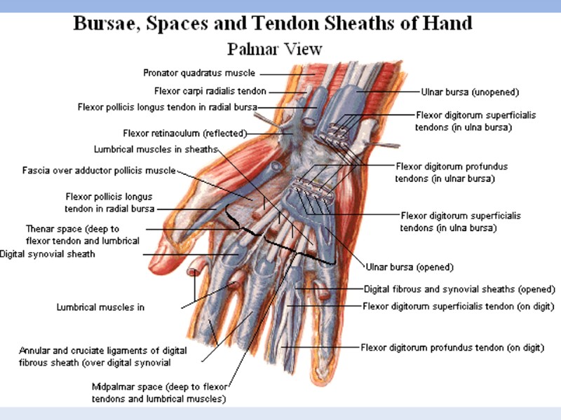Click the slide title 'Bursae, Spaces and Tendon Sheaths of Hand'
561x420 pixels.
tap(273, 23)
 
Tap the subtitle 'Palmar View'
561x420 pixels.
tap(274, 49)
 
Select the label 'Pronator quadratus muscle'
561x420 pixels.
tap(199, 73)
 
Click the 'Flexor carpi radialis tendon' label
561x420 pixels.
tap(210, 91)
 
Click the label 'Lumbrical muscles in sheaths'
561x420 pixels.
tap(156, 149)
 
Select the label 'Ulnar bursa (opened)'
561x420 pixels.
tap(410, 267)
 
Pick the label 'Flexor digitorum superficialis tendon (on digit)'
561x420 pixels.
tap(459, 306)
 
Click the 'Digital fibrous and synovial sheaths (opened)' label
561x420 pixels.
tap(459, 289)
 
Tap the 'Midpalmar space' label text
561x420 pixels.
tap(158, 393)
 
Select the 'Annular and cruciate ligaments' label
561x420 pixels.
tap(103, 356)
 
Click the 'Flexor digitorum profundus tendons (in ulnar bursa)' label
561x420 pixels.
tap(452, 172)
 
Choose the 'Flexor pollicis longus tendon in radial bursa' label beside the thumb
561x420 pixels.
tap(109, 203)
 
